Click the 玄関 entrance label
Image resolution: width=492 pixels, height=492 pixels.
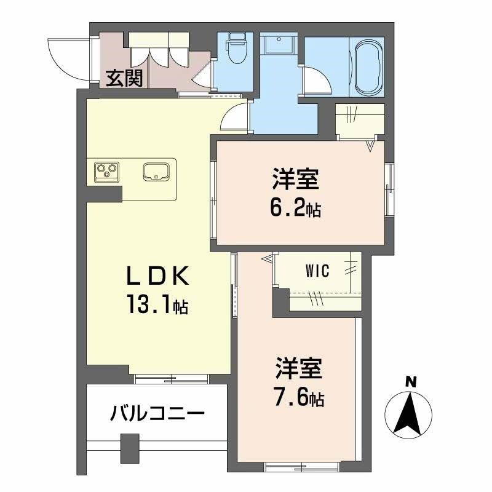tap(124, 78)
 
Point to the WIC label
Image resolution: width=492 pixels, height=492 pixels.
tap(318, 270)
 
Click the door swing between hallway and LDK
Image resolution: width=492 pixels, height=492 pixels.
tap(235, 116)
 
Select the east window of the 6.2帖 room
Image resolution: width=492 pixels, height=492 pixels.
tap(390, 191)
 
